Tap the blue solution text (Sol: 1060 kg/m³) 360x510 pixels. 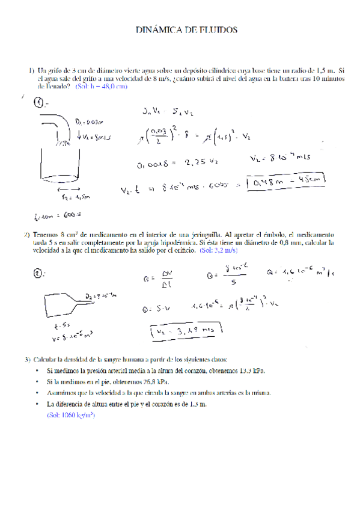tap(70, 416)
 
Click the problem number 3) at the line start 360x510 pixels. tap(28, 359)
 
